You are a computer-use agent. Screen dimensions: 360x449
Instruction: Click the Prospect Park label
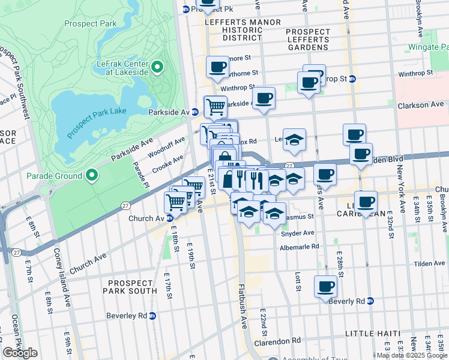pyautogui.click(x=90, y=24)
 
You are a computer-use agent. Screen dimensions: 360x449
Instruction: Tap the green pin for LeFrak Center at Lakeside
pyautogui.click(x=157, y=67)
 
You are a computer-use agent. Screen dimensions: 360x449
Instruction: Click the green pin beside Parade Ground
pyautogui.click(x=91, y=175)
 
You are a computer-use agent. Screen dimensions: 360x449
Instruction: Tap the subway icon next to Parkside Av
pyautogui.click(x=194, y=112)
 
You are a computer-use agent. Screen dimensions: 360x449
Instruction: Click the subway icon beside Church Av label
pyautogui.click(x=170, y=218)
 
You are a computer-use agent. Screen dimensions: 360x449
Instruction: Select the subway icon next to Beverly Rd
pyautogui.click(x=370, y=301)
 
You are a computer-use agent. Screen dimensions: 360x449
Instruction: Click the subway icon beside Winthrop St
pyautogui.click(x=353, y=79)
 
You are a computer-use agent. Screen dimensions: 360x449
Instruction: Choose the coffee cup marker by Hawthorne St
pyautogui.click(x=217, y=67)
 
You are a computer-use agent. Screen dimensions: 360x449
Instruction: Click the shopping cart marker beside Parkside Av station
pyautogui.click(x=215, y=107)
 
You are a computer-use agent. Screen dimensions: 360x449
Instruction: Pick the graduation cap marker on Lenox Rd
pyautogui.click(x=294, y=140)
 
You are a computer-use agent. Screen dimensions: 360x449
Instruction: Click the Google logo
pyautogui.click(x=20, y=352)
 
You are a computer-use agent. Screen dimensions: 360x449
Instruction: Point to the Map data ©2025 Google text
pyautogui.click(x=412, y=355)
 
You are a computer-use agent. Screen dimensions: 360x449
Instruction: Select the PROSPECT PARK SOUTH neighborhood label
pyautogui.click(x=139, y=282)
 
